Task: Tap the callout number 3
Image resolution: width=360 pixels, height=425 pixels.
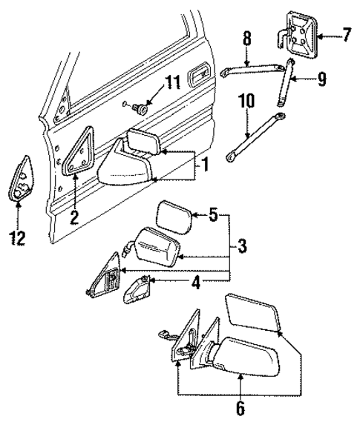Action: click(x=241, y=246)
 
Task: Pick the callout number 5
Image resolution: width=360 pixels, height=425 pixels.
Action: click(x=213, y=217)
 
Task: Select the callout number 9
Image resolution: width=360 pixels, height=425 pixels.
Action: click(x=320, y=76)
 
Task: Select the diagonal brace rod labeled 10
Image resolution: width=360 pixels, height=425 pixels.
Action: click(x=258, y=137)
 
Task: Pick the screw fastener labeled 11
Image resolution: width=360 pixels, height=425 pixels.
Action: click(x=140, y=108)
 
